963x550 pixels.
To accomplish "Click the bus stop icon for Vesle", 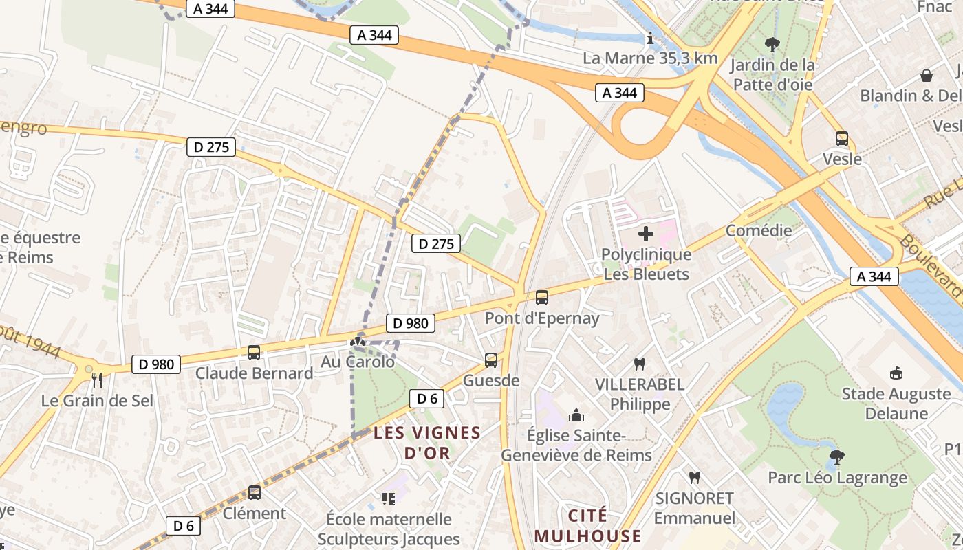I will point(842,139).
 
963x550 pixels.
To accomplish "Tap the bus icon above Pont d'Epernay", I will point(542,298).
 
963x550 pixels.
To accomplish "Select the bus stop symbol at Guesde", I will point(491,360).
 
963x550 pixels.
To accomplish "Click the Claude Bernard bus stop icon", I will point(254,353).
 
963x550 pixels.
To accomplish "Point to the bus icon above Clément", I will point(255,493).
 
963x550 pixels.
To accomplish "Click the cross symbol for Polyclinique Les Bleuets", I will point(646,234).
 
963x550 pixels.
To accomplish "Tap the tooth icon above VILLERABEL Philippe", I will point(640,364).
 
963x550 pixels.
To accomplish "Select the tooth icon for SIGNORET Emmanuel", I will point(694,477).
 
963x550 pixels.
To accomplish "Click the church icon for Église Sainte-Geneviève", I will point(576,415).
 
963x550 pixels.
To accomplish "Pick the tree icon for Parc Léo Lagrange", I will point(837,457).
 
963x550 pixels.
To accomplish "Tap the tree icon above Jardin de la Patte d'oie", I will point(772,45).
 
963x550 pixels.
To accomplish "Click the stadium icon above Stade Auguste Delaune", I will point(896,373).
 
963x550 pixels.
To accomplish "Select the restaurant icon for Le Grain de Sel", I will point(97,379).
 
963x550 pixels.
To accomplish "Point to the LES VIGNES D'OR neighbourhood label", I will point(427,443).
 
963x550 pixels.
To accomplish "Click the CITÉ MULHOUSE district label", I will point(587,526).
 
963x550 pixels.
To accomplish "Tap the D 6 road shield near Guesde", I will point(427,398).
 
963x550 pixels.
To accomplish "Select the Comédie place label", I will point(759,230).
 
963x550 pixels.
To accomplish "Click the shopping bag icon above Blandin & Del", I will point(927,75).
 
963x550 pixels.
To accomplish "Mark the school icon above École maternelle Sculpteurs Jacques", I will point(389,498).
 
